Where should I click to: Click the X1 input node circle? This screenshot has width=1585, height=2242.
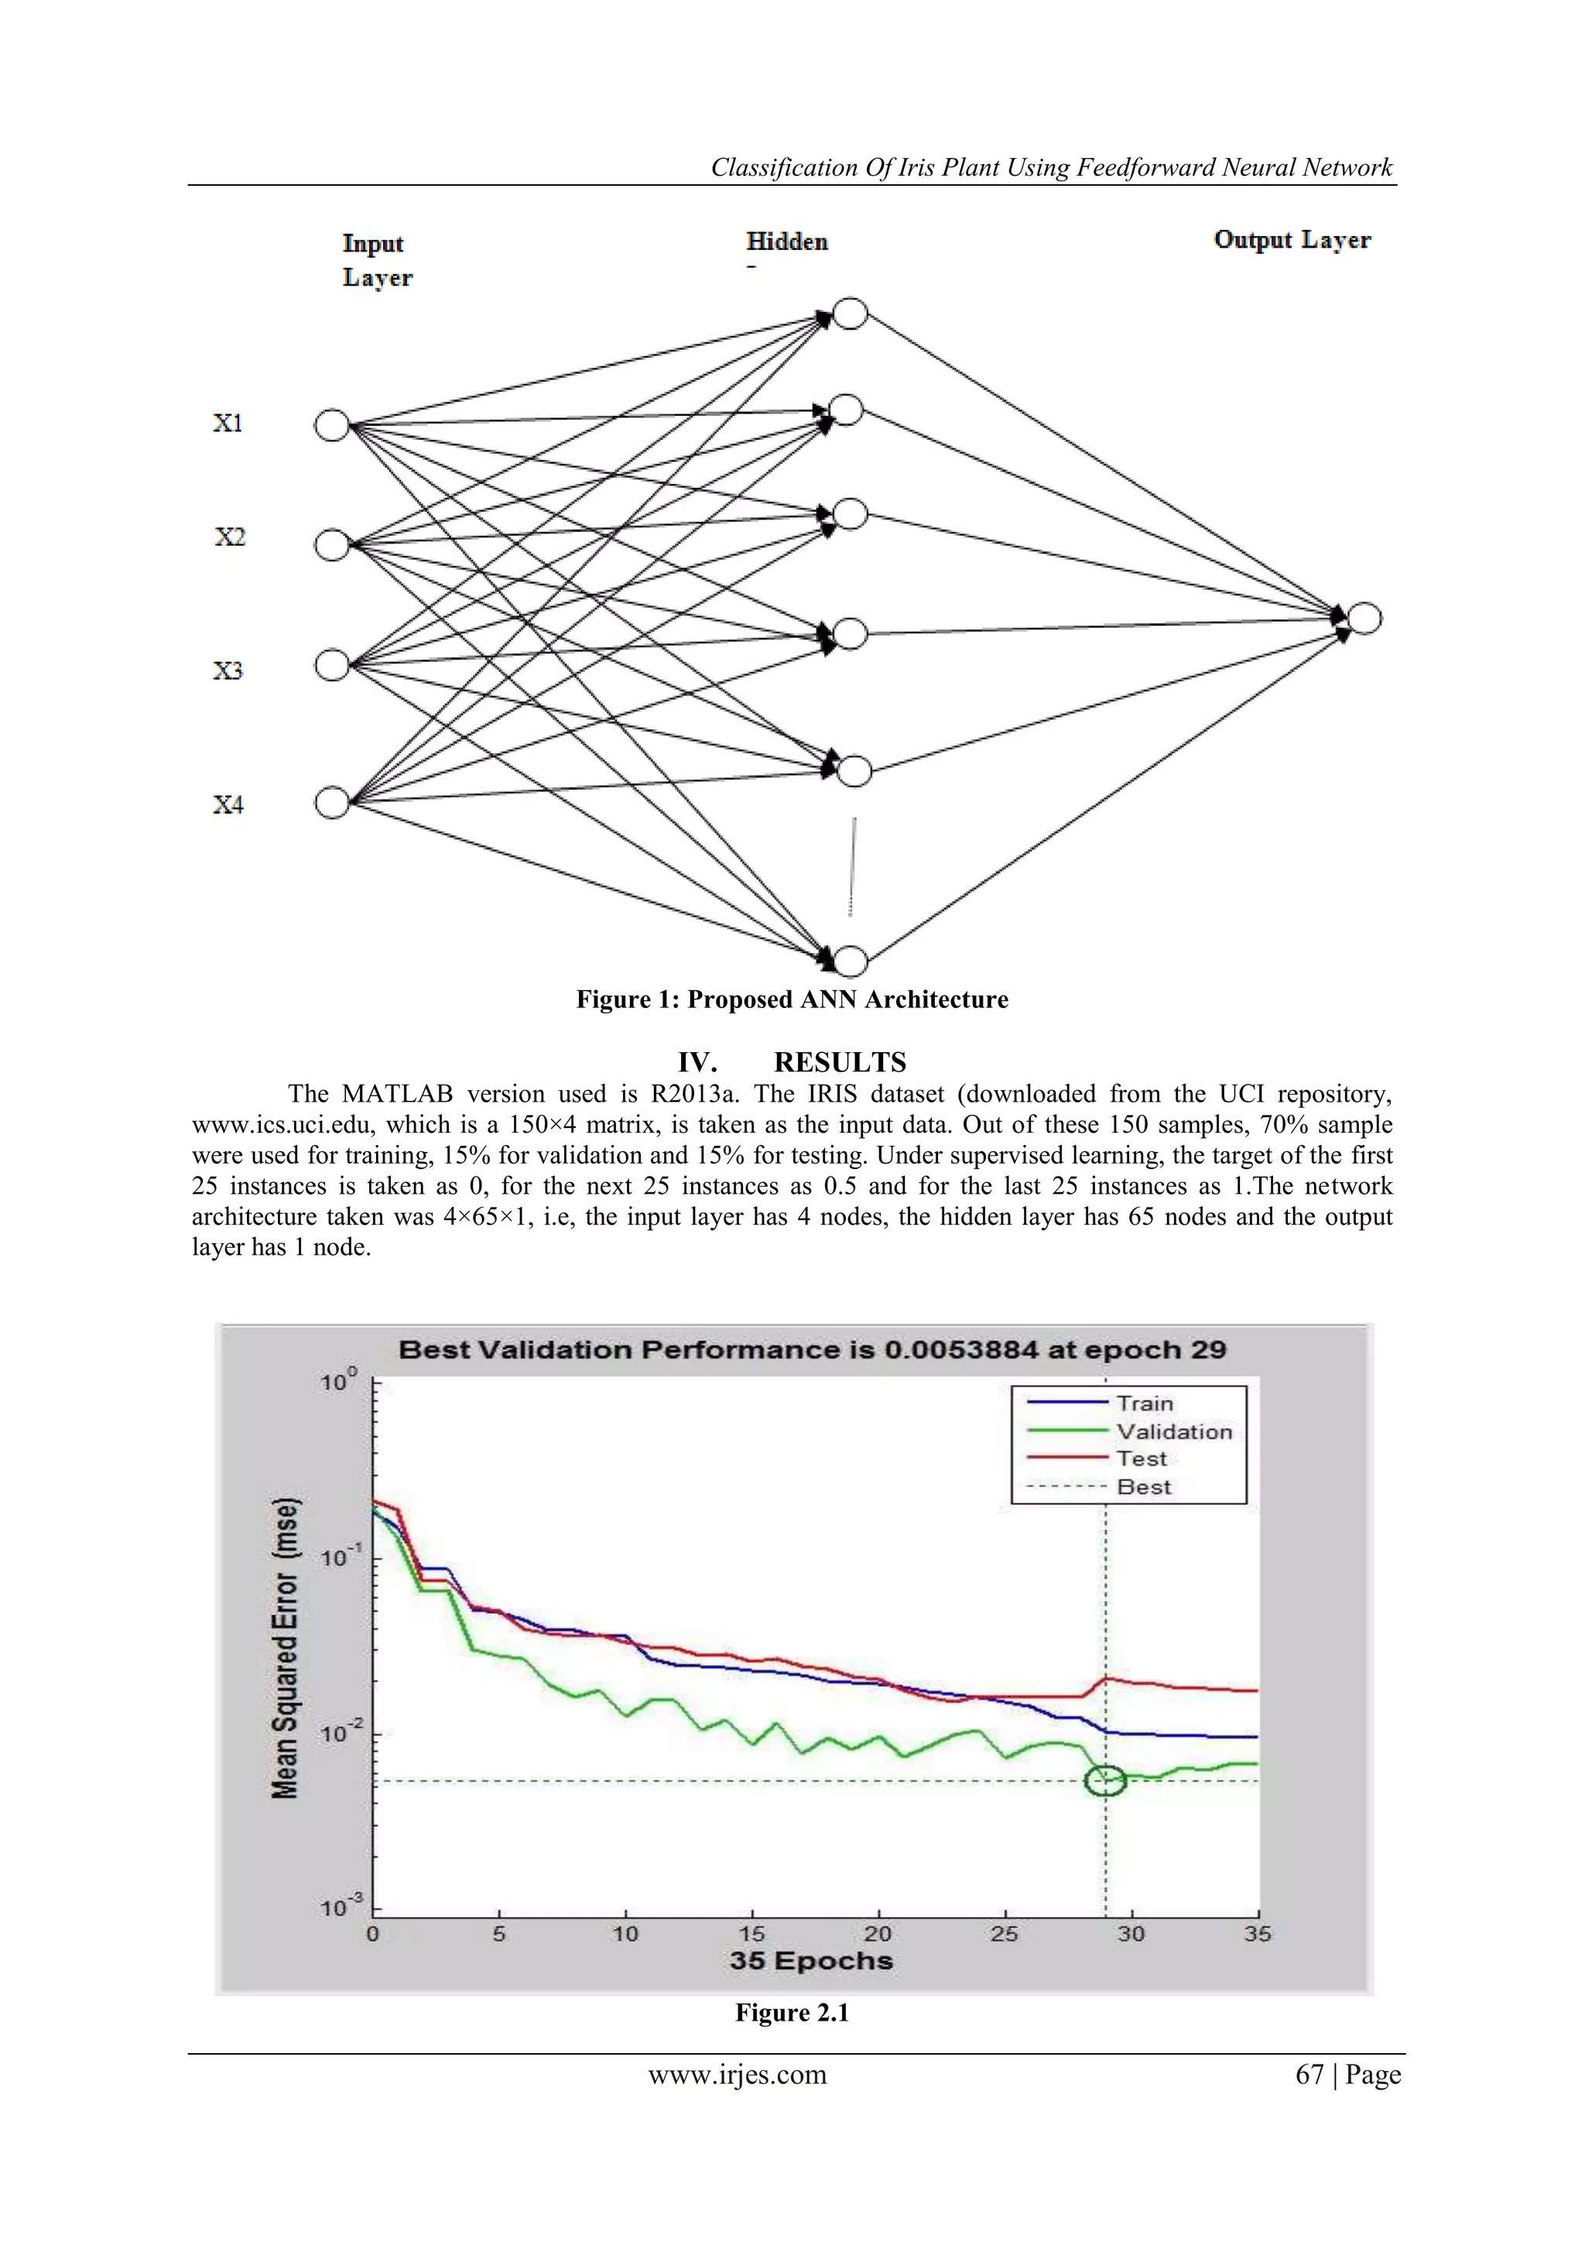tap(332, 426)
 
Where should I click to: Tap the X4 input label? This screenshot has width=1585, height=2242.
tap(228, 804)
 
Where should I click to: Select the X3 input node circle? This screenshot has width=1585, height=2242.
tap(332, 665)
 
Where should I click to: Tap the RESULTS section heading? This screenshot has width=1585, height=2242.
tap(840, 1061)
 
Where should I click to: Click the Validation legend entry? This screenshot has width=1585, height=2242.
tap(1173, 1431)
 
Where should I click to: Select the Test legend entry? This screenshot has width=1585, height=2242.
tap(1141, 1459)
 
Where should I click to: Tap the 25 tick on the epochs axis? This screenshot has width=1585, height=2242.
tap(1005, 1933)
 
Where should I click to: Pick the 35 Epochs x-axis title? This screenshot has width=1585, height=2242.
tap(811, 1961)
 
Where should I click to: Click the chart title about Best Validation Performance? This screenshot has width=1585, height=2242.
tap(812, 1349)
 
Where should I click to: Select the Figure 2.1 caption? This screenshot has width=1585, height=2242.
tap(792, 2013)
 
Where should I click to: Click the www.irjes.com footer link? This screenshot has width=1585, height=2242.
tap(737, 2075)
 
